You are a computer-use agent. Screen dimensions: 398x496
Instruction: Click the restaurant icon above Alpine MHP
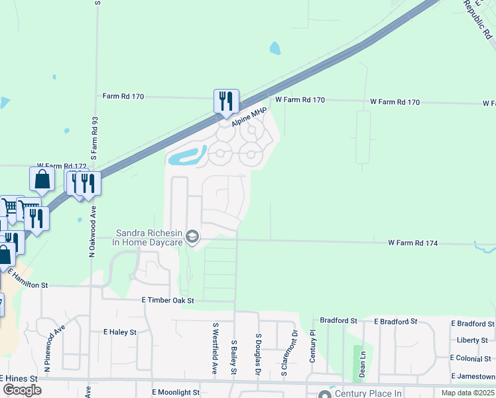[x=226, y=101]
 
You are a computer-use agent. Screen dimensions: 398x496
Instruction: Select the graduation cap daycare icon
[x=192, y=237]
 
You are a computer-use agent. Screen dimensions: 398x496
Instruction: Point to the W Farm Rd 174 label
[x=413, y=243]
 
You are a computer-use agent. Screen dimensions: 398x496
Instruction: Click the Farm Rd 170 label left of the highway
[x=123, y=96]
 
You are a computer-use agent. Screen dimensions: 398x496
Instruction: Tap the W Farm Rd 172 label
[x=62, y=166]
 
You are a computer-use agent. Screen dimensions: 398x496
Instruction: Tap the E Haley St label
[x=120, y=332]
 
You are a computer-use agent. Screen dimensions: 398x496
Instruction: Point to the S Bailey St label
[x=234, y=357]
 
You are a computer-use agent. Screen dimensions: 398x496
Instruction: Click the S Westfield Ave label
[x=216, y=348]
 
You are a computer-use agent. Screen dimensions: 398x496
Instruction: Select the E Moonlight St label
[x=176, y=393]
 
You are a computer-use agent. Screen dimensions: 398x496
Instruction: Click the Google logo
[x=22, y=389]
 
